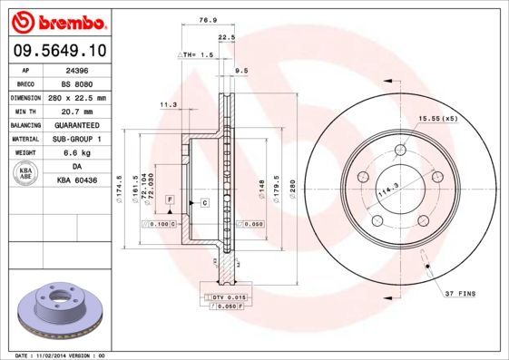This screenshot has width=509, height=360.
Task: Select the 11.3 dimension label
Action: tap(168, 104)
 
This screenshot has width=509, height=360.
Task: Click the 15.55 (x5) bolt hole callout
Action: tap(437, 118)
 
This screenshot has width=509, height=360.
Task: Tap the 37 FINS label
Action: tap(462, 295)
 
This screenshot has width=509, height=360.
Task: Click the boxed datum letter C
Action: tap(204, 202)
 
